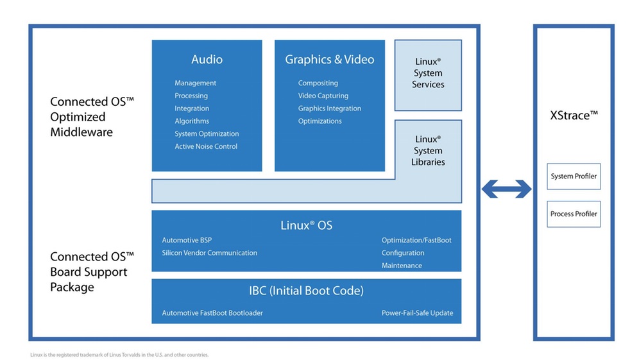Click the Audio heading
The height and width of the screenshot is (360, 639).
(x=207, y=60)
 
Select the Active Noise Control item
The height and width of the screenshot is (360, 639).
(x=206, y=146)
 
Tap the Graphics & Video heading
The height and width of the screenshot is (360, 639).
(x=329, y=60)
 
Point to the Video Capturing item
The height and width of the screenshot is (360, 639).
(x=323, y=96)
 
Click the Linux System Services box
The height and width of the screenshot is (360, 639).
(x=428, y=75)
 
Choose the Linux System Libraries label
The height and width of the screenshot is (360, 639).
(x=428, y=150)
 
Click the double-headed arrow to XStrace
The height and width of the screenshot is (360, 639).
(x=507, y=189)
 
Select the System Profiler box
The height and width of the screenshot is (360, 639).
(x=574, y=176)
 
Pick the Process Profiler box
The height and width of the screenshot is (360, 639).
(x=574, y=214)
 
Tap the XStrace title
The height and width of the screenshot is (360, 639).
(x=574, y=116)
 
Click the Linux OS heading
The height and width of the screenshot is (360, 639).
(x=307, y=225)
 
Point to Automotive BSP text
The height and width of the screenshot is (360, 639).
(x=187, y=240)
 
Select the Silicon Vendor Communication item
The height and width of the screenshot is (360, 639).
(x=209, y=253)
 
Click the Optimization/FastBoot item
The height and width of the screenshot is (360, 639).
(x=416, y=240)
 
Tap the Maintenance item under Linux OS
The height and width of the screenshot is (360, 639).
(x=402, y=266)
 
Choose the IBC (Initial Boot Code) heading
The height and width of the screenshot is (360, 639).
(x=307, y=291)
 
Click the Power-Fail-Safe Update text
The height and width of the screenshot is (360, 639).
(x=417, y=313)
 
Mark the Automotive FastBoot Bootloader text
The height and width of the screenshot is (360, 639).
(x=212, y=313)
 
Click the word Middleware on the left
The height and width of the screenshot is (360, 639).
(x=81, y=132)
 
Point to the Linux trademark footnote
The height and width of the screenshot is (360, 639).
(x=119, y=355)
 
